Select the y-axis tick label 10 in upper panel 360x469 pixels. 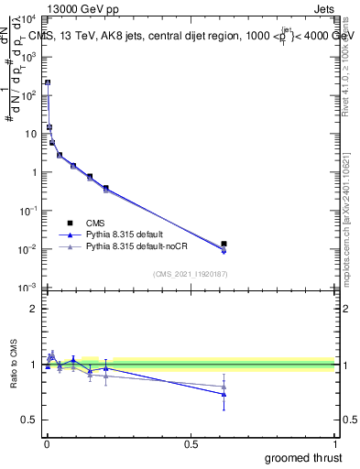[x=30, y=134]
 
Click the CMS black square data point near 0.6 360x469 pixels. [x=224, y=244]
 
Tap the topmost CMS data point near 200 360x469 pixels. [x=48, y=82]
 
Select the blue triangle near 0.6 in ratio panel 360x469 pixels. [x=224, y=395]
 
